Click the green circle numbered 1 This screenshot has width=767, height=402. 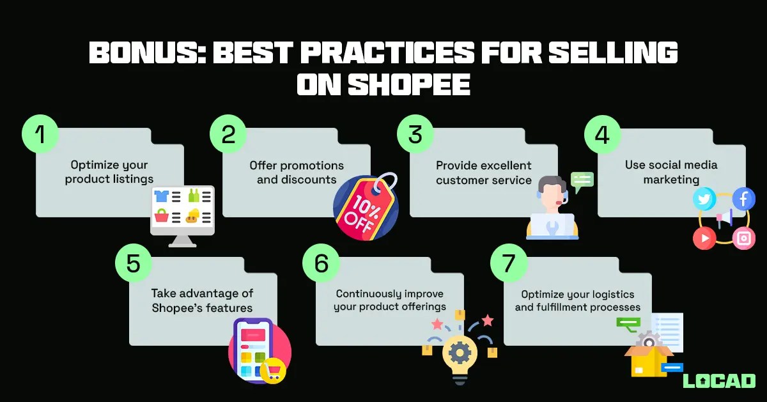pos(40,135)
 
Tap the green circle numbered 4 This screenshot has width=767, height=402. pos(603,135)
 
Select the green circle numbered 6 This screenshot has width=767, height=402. pos(321,263)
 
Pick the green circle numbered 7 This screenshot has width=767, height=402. pos(508,263)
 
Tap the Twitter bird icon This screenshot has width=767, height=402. pos(704,199)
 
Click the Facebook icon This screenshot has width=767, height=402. pos(743,199)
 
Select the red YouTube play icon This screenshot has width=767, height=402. pos(704,238)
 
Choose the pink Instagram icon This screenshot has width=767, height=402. pos(743,238)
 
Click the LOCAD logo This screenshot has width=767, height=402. pos(719,380)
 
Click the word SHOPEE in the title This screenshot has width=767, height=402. pos(383,84)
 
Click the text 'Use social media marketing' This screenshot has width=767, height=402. pos(670,172)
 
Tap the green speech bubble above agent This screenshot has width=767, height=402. pos(582,181)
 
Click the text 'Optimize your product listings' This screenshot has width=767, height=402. pos(109,172)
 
